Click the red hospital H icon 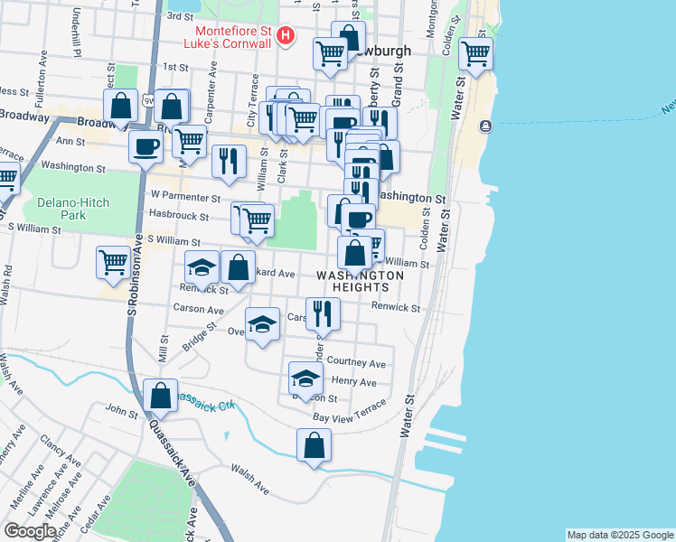pos(286,37)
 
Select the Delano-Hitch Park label pos(61,209)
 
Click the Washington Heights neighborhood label pos(360,281)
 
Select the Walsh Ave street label pos(249,479)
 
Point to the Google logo pos(30,531)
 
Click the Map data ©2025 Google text pos(619,535)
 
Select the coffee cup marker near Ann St pos(144,146)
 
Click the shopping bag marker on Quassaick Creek pos(160,395)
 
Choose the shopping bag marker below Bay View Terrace pos(314,445)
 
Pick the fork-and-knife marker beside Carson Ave pos(323,313)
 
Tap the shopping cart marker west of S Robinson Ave pos(114,263)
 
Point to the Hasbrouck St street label pos(179,217)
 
